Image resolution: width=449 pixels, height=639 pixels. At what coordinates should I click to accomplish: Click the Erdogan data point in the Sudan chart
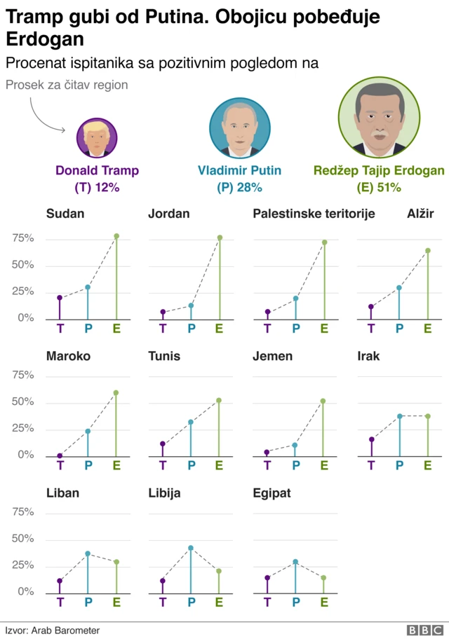pos(116,236)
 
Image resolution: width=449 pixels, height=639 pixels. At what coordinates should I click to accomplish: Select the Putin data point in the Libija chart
pos(191,548)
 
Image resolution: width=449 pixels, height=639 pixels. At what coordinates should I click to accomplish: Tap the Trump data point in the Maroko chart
pos(60,456)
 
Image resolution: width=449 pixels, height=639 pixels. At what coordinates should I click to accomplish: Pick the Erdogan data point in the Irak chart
pos(427,416)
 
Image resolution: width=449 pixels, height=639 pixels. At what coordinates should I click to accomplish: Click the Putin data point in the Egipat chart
pos(295,562)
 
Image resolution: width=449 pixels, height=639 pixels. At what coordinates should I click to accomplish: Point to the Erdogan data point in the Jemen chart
pos(323,401)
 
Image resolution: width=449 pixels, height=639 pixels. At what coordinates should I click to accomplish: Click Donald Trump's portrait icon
pos(97,137)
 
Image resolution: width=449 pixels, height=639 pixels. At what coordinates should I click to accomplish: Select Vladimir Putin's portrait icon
pos(239,127)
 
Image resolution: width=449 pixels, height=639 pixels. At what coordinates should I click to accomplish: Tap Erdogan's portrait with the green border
pos(379,117)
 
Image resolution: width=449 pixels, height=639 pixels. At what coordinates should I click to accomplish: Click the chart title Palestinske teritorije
pos(314,214)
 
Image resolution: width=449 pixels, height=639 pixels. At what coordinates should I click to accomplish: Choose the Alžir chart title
pos(420,214)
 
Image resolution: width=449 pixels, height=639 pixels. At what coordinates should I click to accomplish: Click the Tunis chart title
pos(164,356)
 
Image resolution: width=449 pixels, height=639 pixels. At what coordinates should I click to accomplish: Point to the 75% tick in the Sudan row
pos(22,238)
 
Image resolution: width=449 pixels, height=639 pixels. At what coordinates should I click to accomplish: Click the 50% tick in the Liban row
pos(22,539)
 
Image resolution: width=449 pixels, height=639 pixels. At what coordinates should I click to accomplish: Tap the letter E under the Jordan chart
pos(219,327)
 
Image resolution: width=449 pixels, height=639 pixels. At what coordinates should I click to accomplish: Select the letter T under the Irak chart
pos(371,465)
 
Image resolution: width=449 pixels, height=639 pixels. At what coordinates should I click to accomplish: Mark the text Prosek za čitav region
pos(66,85)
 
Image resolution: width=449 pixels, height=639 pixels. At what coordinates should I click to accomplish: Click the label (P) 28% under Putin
pos(239,187)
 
